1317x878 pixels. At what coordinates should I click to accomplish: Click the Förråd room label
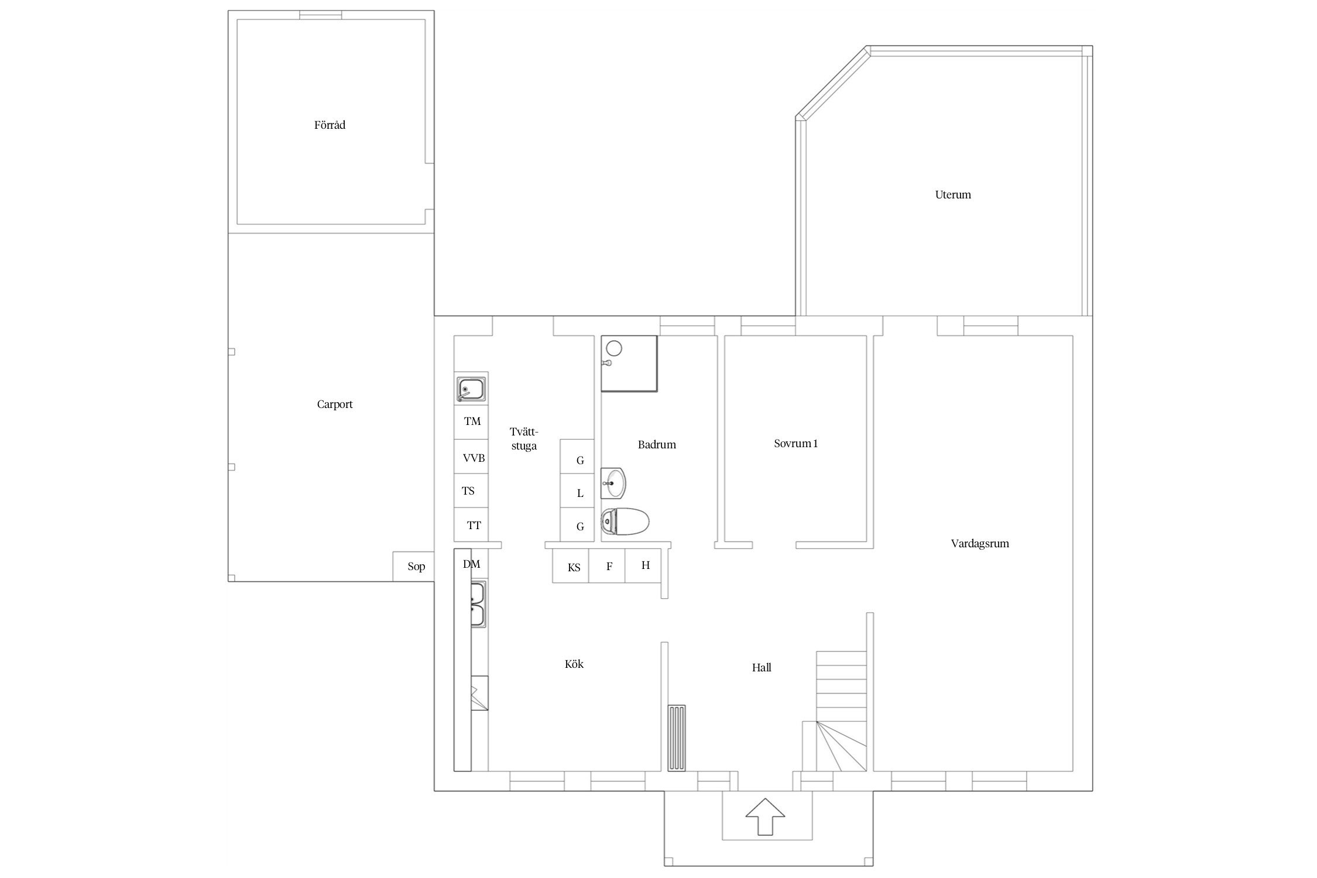[330, 125]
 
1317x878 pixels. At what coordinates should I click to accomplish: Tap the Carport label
[335, 404]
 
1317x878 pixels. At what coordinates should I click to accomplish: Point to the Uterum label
[953, 195]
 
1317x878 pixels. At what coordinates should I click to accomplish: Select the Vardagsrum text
[980, 544]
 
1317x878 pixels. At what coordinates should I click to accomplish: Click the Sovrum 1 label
[796, 444]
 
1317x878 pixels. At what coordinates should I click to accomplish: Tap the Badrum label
[657, 445]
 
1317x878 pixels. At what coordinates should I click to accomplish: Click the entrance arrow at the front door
[765, 817]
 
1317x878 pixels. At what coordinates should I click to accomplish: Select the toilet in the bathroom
[625, 522]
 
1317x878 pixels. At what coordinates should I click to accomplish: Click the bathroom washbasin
[613, 483]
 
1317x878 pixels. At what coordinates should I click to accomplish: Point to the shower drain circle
[613, 349]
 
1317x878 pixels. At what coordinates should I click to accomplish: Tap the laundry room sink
[471, 388]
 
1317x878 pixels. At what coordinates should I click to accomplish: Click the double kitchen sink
[478, 605]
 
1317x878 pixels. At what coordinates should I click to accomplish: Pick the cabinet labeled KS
[571, 565]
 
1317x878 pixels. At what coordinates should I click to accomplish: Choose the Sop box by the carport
[413, 567]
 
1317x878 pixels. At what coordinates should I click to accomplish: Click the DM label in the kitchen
[471, 564]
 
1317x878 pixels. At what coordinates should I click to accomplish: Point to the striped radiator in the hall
[677, 738]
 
